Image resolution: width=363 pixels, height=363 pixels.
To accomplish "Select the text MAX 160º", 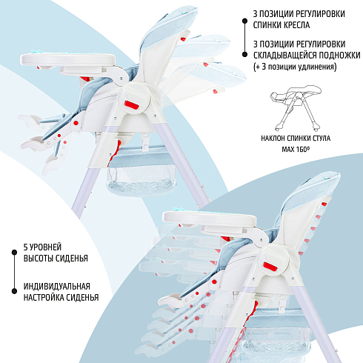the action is point(296,149).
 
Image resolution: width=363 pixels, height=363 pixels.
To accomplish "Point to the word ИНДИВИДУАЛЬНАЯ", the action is point(57,287).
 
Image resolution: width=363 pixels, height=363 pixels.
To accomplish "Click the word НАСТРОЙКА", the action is point(40,298).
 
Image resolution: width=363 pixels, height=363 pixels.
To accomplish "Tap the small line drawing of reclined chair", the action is point(296,108).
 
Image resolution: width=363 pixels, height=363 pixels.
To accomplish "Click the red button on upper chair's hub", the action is point(131,104).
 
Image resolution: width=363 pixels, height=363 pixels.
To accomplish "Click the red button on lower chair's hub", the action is point(270,267).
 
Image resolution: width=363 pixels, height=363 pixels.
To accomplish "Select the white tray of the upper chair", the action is point(67,59).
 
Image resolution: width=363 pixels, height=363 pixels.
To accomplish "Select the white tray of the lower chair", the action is point(209,218).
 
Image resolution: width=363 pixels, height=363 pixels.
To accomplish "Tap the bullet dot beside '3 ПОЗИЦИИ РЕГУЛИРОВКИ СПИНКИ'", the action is point(244,21).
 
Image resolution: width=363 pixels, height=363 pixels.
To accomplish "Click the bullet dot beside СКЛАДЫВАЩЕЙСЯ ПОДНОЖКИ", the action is point(244,55).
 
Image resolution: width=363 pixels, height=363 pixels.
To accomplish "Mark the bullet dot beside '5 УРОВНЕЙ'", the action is point(14,253).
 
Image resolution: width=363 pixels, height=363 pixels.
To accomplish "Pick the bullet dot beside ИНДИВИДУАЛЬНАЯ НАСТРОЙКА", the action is point(14,291).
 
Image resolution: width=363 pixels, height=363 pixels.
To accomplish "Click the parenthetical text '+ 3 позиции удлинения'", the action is point(295,67).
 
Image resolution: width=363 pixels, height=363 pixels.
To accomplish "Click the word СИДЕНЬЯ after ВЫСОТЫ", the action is point(72,259).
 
